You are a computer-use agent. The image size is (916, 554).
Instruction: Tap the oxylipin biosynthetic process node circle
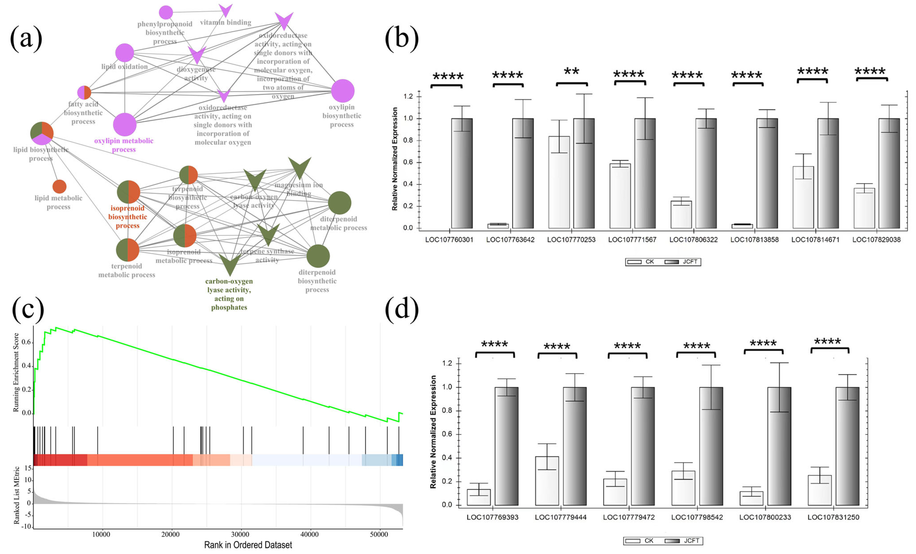tap(342, 91)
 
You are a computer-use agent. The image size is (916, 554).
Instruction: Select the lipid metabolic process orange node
tap(59, 186)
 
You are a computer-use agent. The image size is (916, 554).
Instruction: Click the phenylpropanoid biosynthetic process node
tap(166, 12)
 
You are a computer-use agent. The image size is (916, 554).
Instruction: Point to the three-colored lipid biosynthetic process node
tap(42, 133)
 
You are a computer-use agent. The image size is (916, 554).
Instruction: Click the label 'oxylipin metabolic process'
tap(124, 145)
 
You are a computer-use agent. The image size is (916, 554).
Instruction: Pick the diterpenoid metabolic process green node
tap(339, 203)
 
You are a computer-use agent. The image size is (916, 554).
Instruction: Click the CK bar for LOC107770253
tap(559, 182)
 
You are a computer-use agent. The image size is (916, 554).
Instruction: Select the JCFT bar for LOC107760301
tap(462, 173)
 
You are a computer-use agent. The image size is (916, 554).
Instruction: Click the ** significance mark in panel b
tap(571, 71)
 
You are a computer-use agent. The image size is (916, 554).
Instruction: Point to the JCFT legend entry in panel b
tap(683, 262)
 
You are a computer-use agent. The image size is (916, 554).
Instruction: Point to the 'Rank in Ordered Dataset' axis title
tap(248, 545)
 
